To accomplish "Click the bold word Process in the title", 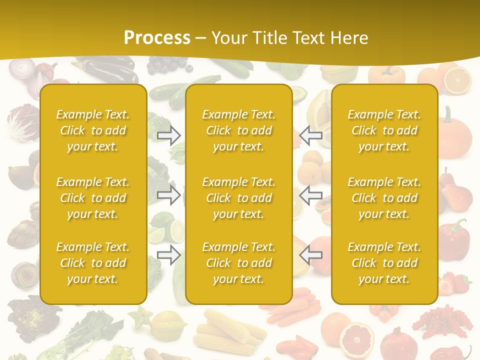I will click(x=157, y=37).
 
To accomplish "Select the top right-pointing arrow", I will click(x=169, y=135).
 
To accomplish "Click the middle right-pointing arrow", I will click(x=169, y=195).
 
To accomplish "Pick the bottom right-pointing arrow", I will click(x=169, y=255).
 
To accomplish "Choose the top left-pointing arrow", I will click(x=310, y=135).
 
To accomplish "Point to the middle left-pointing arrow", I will click(x=310, y=195).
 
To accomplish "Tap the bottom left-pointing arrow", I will click(x=310, y=255).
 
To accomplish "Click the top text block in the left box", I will click(x=93, y=130).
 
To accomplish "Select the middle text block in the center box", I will click(x=239, y=198).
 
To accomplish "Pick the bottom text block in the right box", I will click(x=384, y=263).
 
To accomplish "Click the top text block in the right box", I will click(x=384, y=130).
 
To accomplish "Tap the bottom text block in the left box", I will click(x=93, y=263).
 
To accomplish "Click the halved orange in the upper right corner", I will click(x=457, y=80).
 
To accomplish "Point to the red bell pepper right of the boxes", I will click(x=453, y=235).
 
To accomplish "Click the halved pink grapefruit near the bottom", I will click(x=356, y=336).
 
